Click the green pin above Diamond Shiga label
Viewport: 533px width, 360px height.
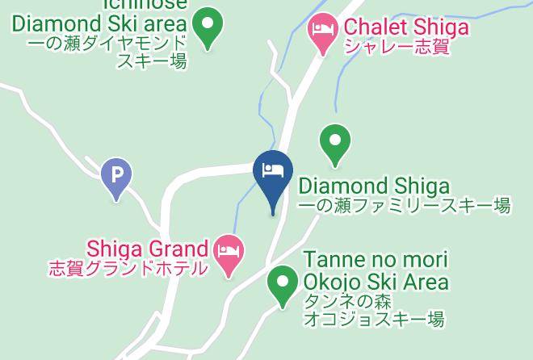click(x=335, y=141)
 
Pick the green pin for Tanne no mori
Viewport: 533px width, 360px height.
click(x=282, y=285)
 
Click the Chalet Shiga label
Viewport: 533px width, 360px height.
click(x=406, y=27)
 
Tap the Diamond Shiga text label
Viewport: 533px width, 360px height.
click(x=374, y=187)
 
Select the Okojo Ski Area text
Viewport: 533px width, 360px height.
click(x=376, y=282)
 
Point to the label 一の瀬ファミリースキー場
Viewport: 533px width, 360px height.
click(x=405, y=207)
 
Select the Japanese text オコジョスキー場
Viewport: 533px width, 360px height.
click(x=373, y=320)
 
